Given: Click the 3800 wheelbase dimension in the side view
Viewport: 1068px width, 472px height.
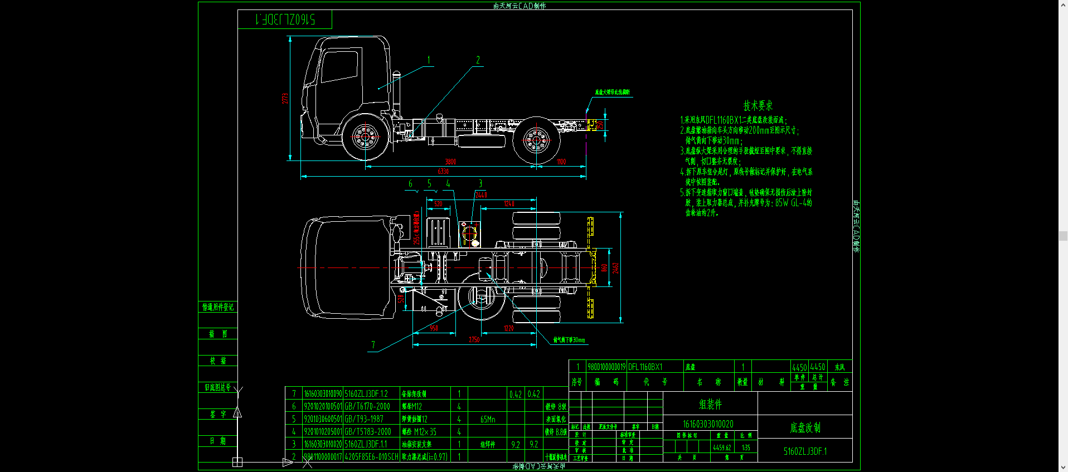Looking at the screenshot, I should pyautogui.click(x=450, y=162).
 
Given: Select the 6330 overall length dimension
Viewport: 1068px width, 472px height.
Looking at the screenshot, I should pyautogui.click(x=443, y=172).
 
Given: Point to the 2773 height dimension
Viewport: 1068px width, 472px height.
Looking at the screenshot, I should pyautogui.click(x=285, y=99).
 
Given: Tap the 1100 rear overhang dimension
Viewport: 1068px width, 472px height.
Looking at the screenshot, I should pyautogui.click(x=561, y=162).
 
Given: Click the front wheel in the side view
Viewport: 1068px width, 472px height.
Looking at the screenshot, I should pyautogui.click(x=365, y=136).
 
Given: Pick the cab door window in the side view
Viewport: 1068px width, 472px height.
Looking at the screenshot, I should pyautogui.click(x=339, y=67).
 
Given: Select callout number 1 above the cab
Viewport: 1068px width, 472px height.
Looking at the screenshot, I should pyautogui.click(x=429, y=60).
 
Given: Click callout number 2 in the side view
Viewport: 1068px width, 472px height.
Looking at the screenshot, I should pyautogui.click(x=478, y=60).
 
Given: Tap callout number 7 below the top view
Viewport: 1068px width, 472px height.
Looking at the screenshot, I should pyautogui.click(x=373, y=345).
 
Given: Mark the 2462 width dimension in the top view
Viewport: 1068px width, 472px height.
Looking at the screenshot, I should pyautogui.click(x=616, y=268).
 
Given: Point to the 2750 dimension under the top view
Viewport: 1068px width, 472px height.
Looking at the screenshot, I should pyautogui.click(x=474, y=339).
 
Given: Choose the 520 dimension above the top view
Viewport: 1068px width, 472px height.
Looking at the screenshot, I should pyautogui.click(x=438, y=204).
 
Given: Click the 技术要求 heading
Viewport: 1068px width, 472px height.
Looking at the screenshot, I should pyautogui.click(x=758, y=106).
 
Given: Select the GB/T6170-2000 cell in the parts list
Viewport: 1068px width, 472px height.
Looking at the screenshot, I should pyautogui.click(x=367, y=406).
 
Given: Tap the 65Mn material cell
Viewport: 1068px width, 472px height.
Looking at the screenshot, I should pyautogui.click(x=488, y=419).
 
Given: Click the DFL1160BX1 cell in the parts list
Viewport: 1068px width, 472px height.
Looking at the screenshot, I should pyautogui.click(x=645, y=367).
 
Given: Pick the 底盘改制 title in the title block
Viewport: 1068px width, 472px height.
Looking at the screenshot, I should pyautogui.click(x=805, y=427).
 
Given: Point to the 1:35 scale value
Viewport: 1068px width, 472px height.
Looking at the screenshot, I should pyautogui.click(x=746, y=447).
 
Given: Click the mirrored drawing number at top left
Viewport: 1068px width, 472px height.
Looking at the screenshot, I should pyautogui.click(x=285, y=20).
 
